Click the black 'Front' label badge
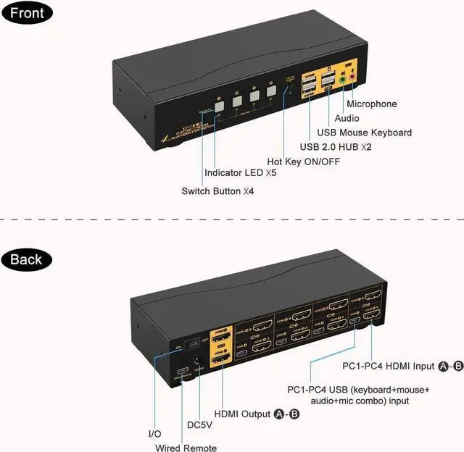pos(27,14)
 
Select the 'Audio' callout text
pos(347,118)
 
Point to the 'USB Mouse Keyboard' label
pos(365,133)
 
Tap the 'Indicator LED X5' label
pos(240,173)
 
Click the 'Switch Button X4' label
pos(217,191)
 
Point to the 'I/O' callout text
pos(154,433)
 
